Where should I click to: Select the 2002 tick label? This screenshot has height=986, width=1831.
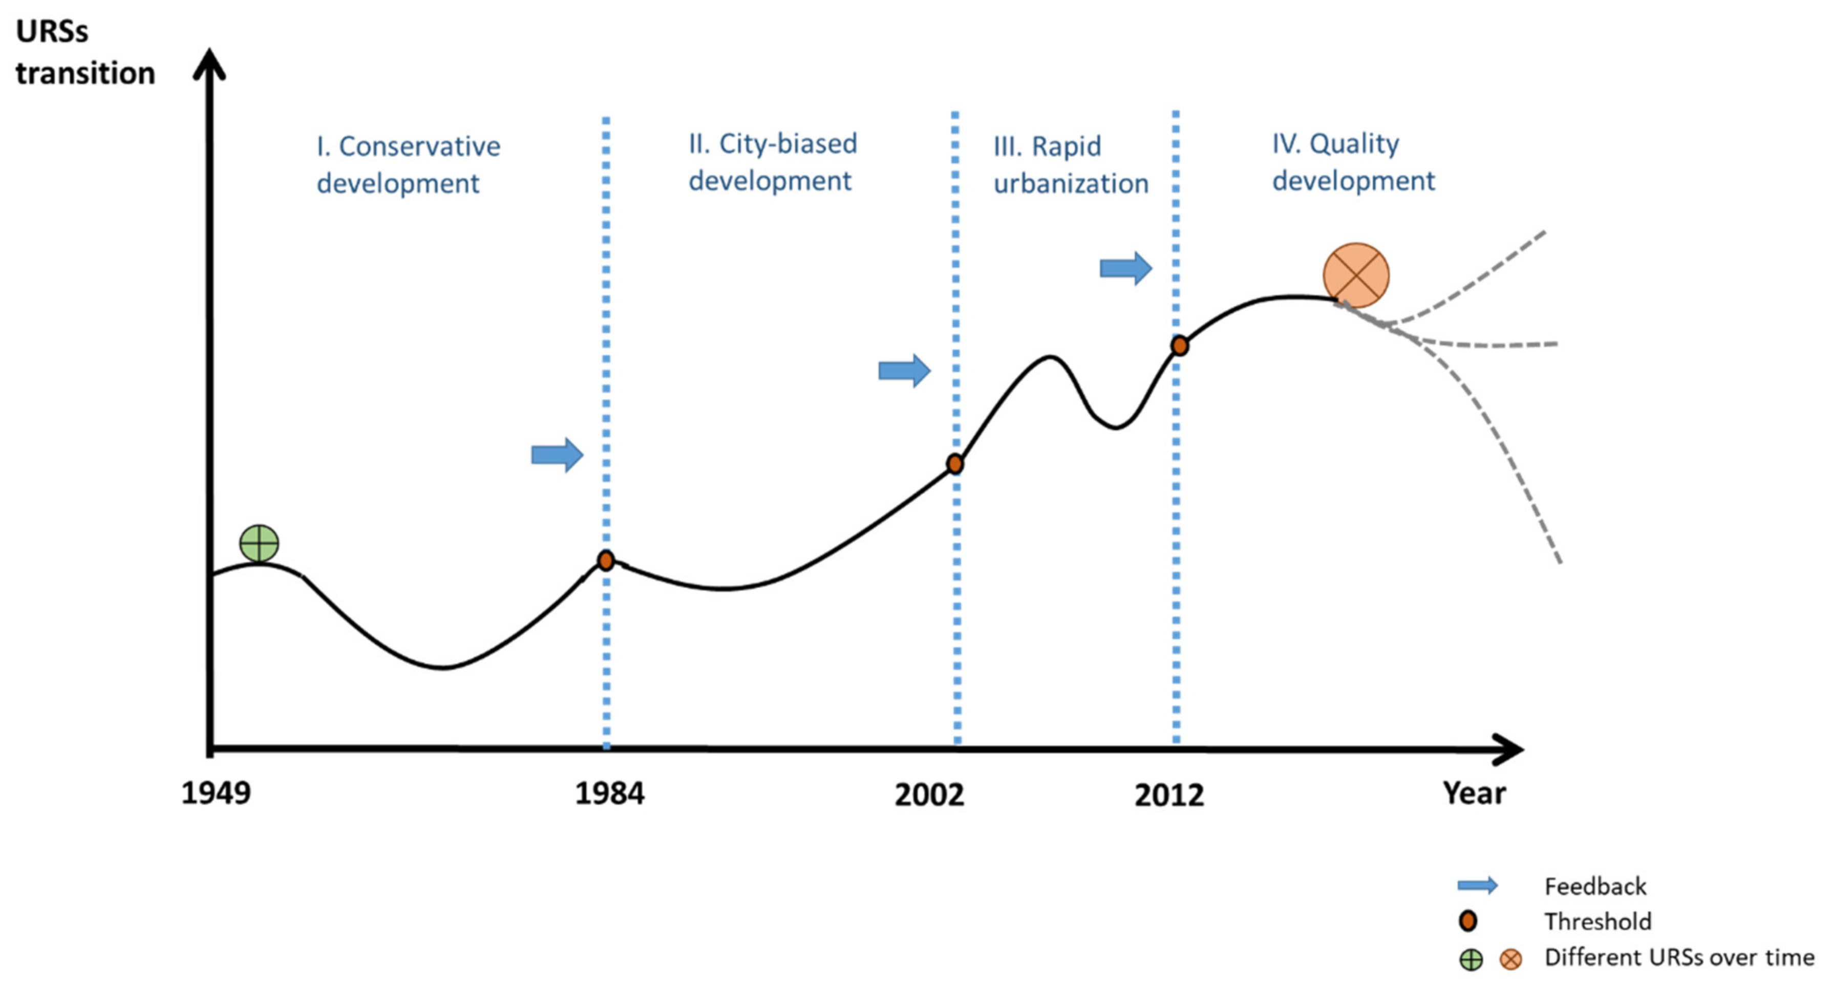click(929, 795)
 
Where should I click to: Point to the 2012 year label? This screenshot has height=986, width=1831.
click(1169, 795)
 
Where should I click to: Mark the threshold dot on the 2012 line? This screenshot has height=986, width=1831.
click(1179, 346)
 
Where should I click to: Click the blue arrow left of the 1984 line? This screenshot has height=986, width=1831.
click(557, 454)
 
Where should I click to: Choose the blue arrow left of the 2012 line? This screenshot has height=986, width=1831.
click(1126, 268)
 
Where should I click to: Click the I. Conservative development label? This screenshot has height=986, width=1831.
click(408, 164)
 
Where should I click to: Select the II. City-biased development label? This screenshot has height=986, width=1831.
click(773, 162)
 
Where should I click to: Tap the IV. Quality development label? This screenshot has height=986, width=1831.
click(1353, 162)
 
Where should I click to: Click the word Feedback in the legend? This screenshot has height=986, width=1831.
click(1595, 887)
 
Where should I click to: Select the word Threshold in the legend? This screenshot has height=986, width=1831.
click(1597, 921)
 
